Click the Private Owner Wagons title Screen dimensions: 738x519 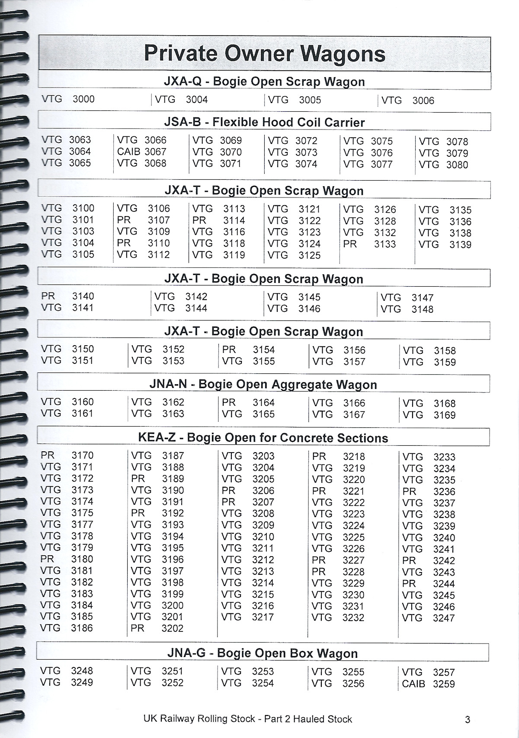pos(264,54)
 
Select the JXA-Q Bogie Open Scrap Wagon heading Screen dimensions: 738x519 pos(264,81)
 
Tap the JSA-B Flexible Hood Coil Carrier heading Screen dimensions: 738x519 pos(264,122)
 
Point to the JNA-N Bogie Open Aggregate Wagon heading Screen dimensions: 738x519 pos(263,384)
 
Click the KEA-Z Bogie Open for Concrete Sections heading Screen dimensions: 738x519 pos(263,437)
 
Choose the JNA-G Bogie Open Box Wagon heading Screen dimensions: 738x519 pos(262,653)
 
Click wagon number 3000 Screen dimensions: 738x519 pos(83,99)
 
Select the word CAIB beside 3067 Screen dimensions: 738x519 pos(129,152)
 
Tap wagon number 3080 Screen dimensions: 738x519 pos(457,165)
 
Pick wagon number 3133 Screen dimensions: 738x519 pos(385,244)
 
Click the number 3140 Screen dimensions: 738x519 pos(83,296)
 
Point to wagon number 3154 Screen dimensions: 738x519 pos(264,350)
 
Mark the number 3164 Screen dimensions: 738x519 pos(264,402)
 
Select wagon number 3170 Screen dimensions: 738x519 pos(83,455)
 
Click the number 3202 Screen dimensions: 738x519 pos(173,628)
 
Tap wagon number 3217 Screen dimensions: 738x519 pos(263,617)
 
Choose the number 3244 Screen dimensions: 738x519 pos(444,583)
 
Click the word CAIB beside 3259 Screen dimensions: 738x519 pos(413,684)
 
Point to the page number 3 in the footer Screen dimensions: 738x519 pos(467,720)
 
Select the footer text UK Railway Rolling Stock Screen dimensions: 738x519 pos(199,719)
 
